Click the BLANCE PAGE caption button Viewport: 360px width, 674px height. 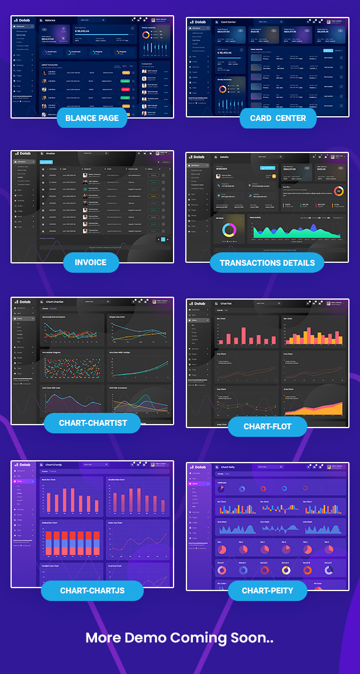92,118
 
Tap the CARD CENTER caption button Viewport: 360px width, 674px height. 278,118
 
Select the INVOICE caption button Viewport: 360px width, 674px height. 91,262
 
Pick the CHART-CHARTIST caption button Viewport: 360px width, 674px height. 93,423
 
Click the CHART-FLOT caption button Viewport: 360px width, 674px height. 267,426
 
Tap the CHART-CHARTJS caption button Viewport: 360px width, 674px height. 92,590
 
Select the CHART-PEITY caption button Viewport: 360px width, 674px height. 267,590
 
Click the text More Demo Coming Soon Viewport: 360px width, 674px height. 179,637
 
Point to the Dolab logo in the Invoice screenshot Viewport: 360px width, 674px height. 22,154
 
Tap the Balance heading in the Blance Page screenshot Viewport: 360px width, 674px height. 50,20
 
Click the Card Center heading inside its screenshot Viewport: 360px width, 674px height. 228,22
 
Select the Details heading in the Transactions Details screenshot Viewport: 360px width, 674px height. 224,157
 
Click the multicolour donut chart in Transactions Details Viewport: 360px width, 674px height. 229,230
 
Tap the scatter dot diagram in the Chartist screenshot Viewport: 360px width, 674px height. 72,369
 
